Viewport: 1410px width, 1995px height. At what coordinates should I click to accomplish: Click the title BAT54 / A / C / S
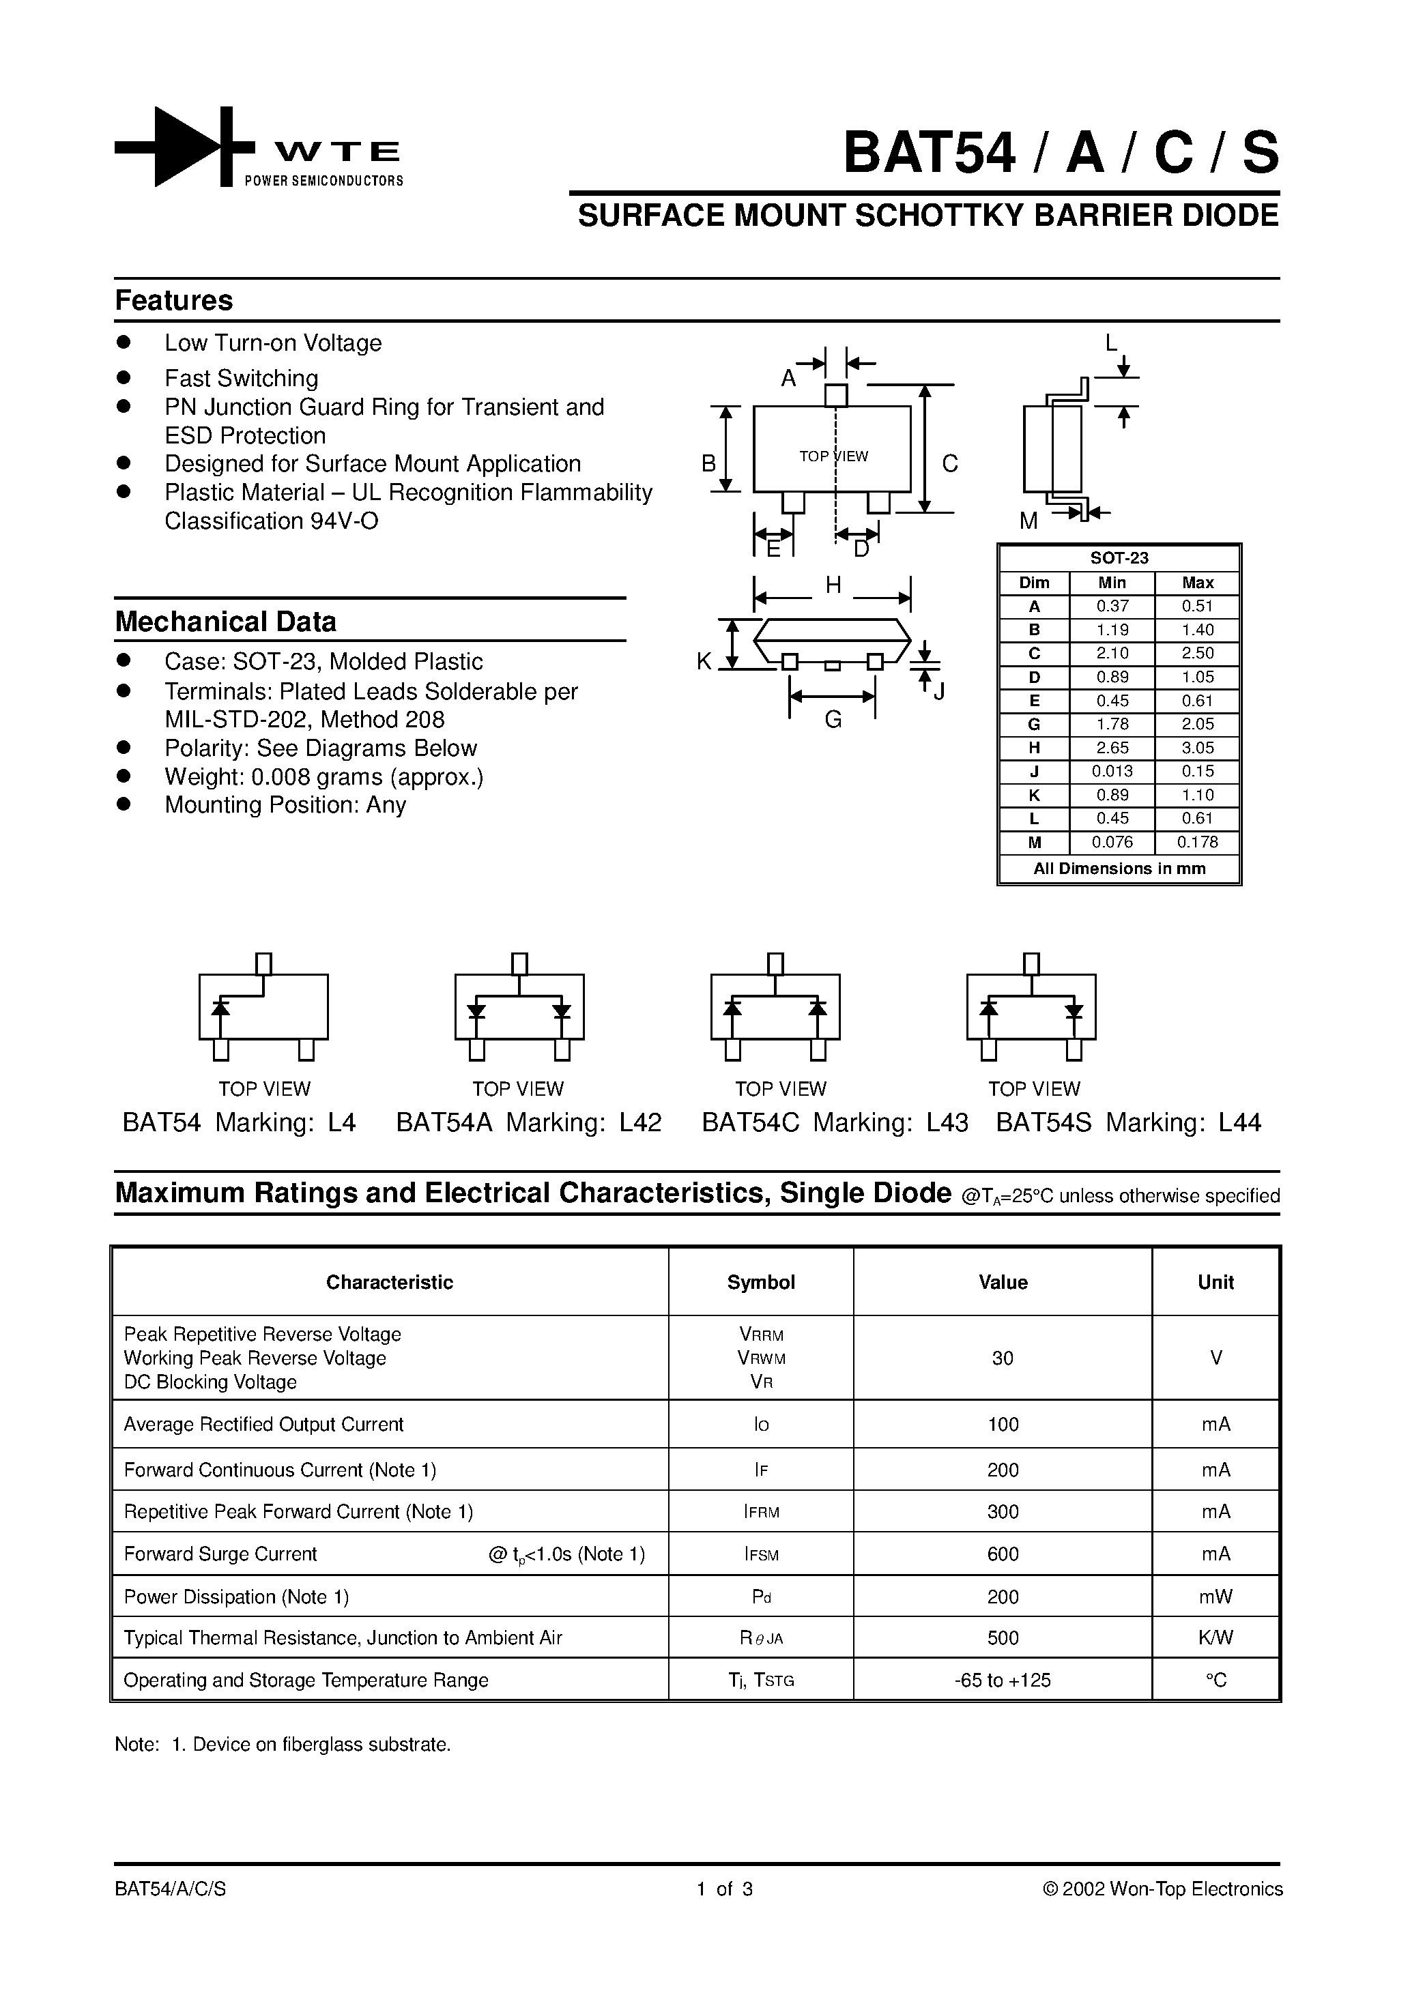[1061, 153]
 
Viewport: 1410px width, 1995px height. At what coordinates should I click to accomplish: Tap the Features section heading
[174, 301]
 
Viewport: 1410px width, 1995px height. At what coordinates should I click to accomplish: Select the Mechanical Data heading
[225, 622]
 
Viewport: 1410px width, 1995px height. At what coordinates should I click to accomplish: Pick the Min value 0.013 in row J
[1112, 771]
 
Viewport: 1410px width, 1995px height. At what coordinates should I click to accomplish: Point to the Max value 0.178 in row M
[1197, 842]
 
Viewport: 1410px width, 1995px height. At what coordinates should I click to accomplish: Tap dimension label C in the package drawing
[949, 464]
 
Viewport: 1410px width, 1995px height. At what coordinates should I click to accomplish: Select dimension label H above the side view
[833, 585]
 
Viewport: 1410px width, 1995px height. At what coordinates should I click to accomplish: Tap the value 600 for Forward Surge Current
[1003, 1554]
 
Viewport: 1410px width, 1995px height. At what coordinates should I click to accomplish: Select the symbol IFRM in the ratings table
[761, 1512]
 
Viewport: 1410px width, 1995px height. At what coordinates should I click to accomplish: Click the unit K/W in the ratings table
[1215, 1638]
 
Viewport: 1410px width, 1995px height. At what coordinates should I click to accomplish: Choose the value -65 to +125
[1003, 1680]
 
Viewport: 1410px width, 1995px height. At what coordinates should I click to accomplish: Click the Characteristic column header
[390, 1283]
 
